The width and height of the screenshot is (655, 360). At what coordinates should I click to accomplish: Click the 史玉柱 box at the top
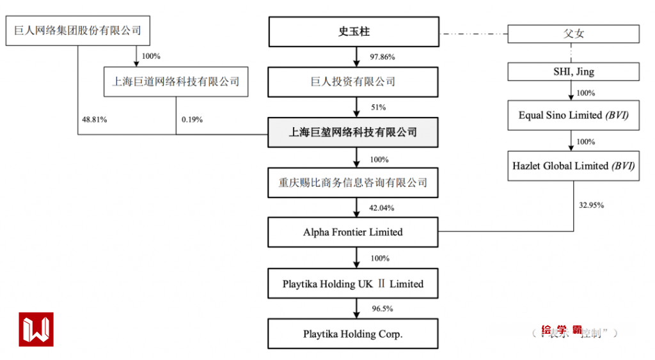point(353,32)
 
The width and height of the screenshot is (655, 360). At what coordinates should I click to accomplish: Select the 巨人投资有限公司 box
point(353,82)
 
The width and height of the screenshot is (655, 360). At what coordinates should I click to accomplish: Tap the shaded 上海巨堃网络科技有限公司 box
point(353,132)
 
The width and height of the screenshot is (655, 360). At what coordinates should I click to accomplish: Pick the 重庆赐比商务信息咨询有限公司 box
point(353,183)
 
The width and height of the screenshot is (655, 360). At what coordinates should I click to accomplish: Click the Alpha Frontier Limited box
point(353,232)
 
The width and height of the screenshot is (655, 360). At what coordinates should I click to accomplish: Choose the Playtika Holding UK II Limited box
point(353,284)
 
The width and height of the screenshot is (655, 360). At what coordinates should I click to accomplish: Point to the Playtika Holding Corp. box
point(353,334)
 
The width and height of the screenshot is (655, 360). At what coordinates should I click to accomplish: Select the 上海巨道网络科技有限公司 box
point(176,81)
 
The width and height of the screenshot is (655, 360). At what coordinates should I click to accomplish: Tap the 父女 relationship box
point(573,33)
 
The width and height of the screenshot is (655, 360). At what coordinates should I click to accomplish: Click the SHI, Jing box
point(573,72)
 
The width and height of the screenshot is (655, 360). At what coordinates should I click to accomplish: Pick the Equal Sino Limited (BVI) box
point(573,116)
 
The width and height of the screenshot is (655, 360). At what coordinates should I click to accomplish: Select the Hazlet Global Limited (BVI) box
point(573,166)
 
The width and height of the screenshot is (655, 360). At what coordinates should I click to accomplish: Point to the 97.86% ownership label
point(383,57)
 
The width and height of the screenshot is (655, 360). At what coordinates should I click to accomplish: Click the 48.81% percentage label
point(94,120)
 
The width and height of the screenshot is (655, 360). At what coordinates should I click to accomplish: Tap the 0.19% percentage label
point(192,120)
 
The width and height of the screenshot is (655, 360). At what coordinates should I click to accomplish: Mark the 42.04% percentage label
point(383,208)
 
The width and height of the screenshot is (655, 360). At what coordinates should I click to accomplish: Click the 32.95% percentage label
point(591,205)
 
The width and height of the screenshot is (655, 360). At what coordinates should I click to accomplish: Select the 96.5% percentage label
point(382,309)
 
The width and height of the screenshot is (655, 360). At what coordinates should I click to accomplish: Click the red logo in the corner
point(36,329)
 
